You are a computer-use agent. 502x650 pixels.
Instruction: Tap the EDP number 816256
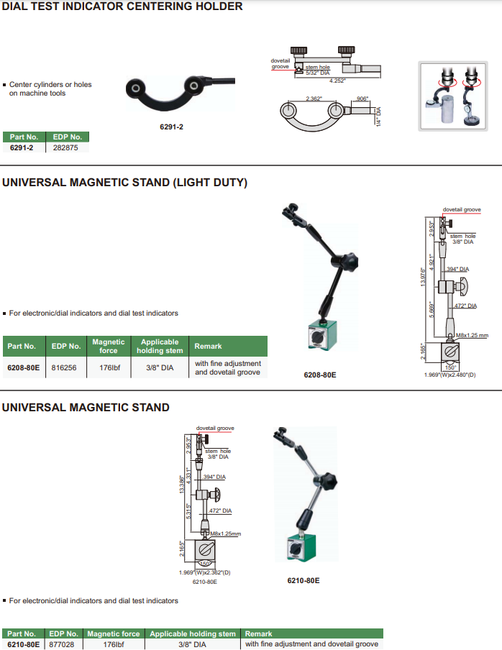65,367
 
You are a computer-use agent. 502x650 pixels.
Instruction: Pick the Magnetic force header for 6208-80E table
109,346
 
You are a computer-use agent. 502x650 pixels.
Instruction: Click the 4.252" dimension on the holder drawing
337,81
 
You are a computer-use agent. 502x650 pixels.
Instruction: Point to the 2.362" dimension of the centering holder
313,99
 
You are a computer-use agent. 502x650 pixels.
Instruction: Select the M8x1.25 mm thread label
473,336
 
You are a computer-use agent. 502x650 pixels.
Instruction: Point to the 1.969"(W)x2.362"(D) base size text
205,572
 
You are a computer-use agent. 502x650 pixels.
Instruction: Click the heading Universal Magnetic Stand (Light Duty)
124,183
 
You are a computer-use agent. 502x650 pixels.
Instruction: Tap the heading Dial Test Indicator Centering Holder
122,6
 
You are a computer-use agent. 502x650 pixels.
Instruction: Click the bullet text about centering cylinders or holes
50,89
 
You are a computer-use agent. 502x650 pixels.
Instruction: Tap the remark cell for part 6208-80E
227,367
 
